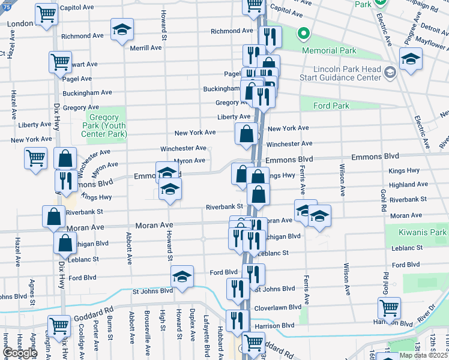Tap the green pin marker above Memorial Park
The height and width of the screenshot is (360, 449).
(305, 34)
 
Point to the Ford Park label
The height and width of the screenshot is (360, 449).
(331, 106)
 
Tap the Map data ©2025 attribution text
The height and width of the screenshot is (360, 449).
(423, 355)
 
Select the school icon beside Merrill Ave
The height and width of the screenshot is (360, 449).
(122, 29)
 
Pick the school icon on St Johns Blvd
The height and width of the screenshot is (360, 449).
(182, 276)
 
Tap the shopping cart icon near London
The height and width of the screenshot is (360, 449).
(46, 14)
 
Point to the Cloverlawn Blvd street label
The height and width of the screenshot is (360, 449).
(279, 307)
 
